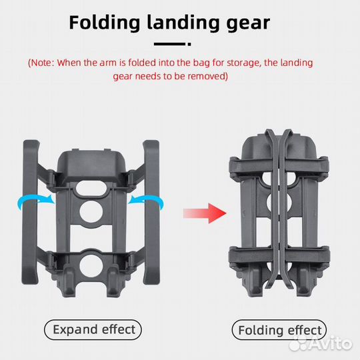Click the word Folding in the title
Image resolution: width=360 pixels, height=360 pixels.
pyautogui.click(x=105, y=23)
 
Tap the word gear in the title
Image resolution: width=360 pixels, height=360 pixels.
pyautogui.click(x=248, y=23)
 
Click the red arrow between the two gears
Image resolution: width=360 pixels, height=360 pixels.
pyautogui.click(x=205, y=213)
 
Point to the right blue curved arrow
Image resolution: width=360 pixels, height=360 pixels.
pyautogui.click(x=146, y=201)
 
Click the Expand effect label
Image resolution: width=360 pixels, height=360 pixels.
pyautogui.click(x=93, y=330)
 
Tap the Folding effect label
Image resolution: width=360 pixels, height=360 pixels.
pyautogui.click(x=279, y=330)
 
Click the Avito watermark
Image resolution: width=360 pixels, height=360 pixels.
pyautogui.click(x=321, y=343)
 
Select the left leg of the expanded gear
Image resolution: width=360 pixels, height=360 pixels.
pyautogui.click(x=30, y=212)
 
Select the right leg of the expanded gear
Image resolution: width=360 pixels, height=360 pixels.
pyautogui.click(x=151, y=212)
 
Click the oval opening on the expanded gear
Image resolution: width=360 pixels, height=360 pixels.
pyautogui.click(x=91, y=188)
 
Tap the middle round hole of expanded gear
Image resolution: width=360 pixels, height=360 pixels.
pyautogui.click(x=91, y=212)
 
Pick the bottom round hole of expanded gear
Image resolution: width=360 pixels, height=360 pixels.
pyautogui.click(x=91, y=265)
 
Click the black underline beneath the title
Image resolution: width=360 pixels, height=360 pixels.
pyautogui.click(x=173, y=44)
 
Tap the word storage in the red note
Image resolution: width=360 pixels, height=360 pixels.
pyautogui.click(x=244, y=63)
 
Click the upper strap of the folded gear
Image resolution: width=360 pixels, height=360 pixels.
pyautogui.click(x=279, y=166)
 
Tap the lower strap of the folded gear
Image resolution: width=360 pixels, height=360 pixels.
pyautogui.click(x=279, y=256)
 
